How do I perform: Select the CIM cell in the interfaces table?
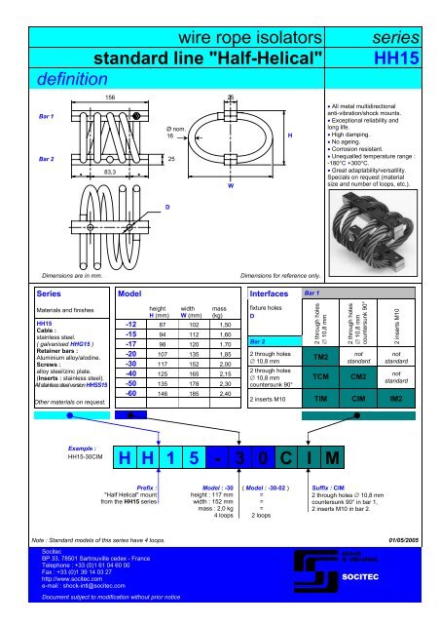point(358,399)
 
